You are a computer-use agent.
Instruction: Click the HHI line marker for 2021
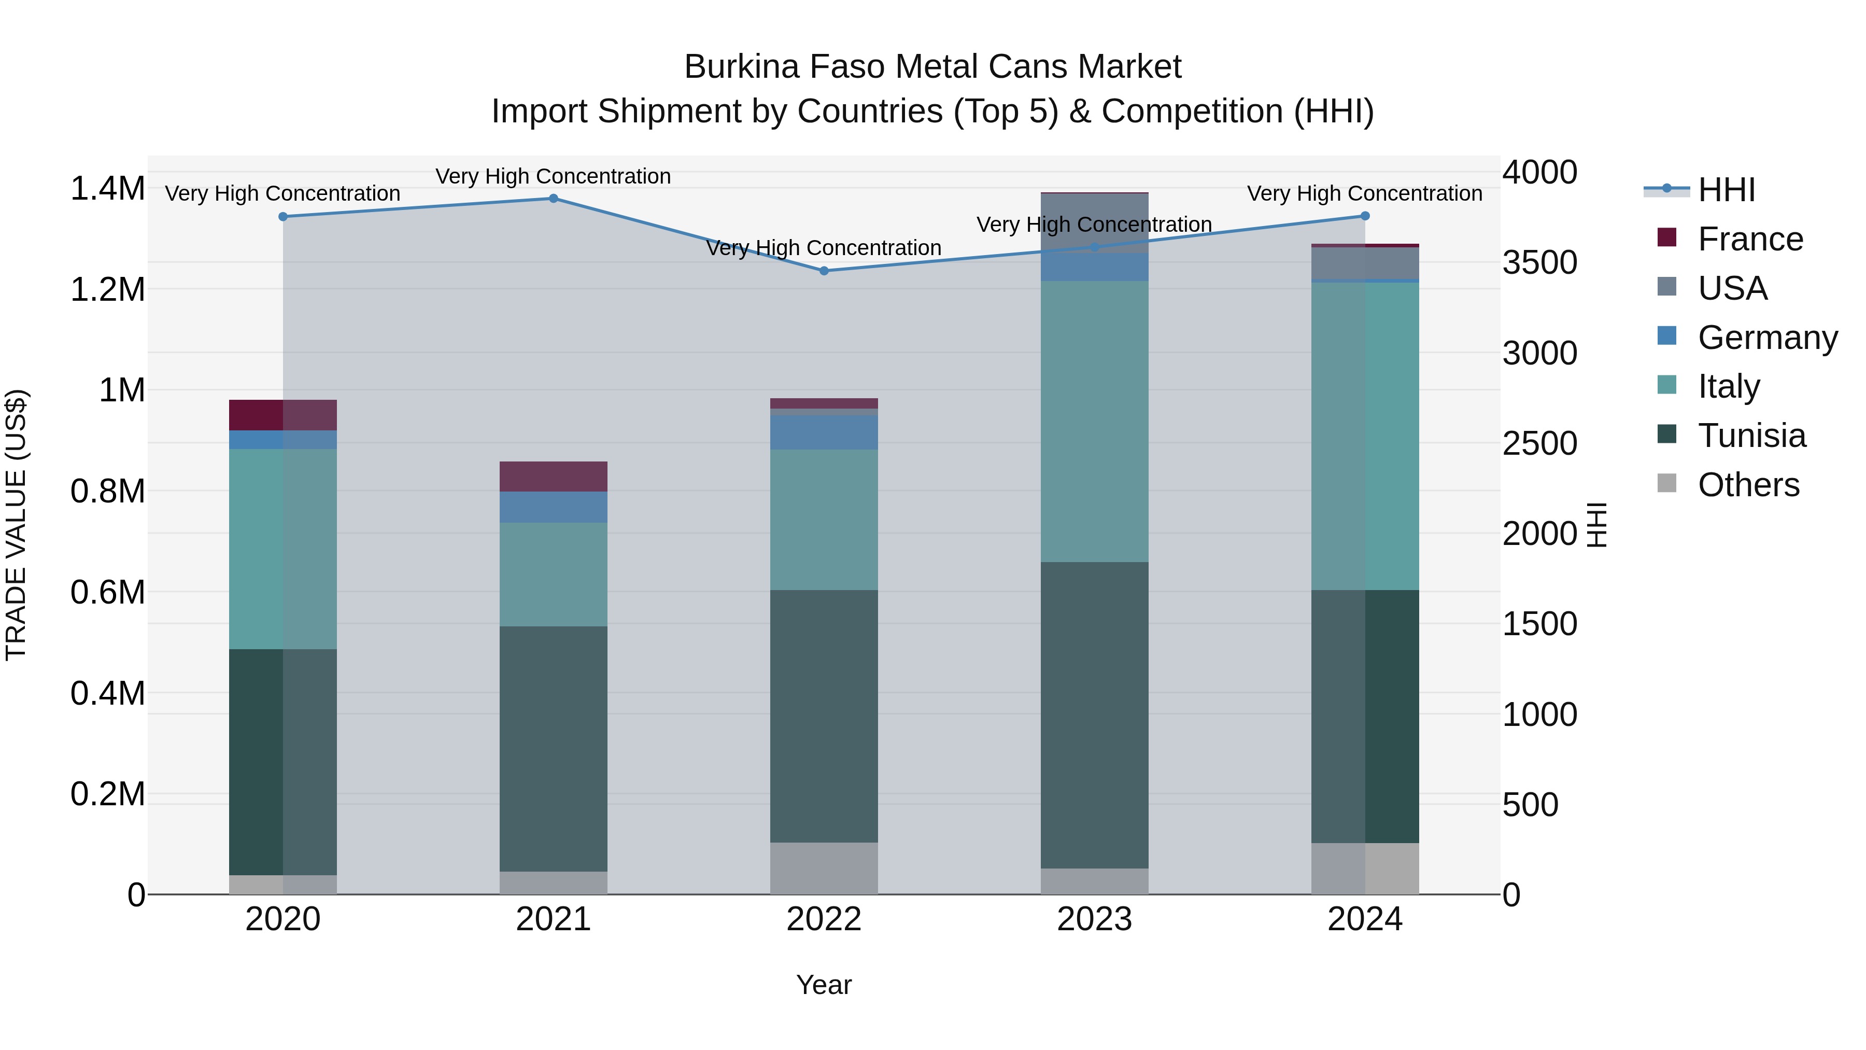(554, 199)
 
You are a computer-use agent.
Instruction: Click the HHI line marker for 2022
(824, 271)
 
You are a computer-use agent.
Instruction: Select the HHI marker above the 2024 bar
(1365, 216)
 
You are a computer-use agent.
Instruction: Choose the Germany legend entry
(1767, 338)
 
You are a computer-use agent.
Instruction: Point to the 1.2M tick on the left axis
(107, 290)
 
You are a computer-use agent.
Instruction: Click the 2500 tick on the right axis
(1539, 443)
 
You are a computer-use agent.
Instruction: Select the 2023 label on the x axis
(1094, 919)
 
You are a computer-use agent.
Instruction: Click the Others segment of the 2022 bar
(824, 867)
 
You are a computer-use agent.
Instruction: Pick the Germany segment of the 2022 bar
(824, 432)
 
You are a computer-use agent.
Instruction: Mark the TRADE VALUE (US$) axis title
(16, 525)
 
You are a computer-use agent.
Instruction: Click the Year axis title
(824, 985)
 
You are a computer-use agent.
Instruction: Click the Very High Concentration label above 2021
(554, 176)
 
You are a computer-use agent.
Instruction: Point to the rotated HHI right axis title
(1596, 525)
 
